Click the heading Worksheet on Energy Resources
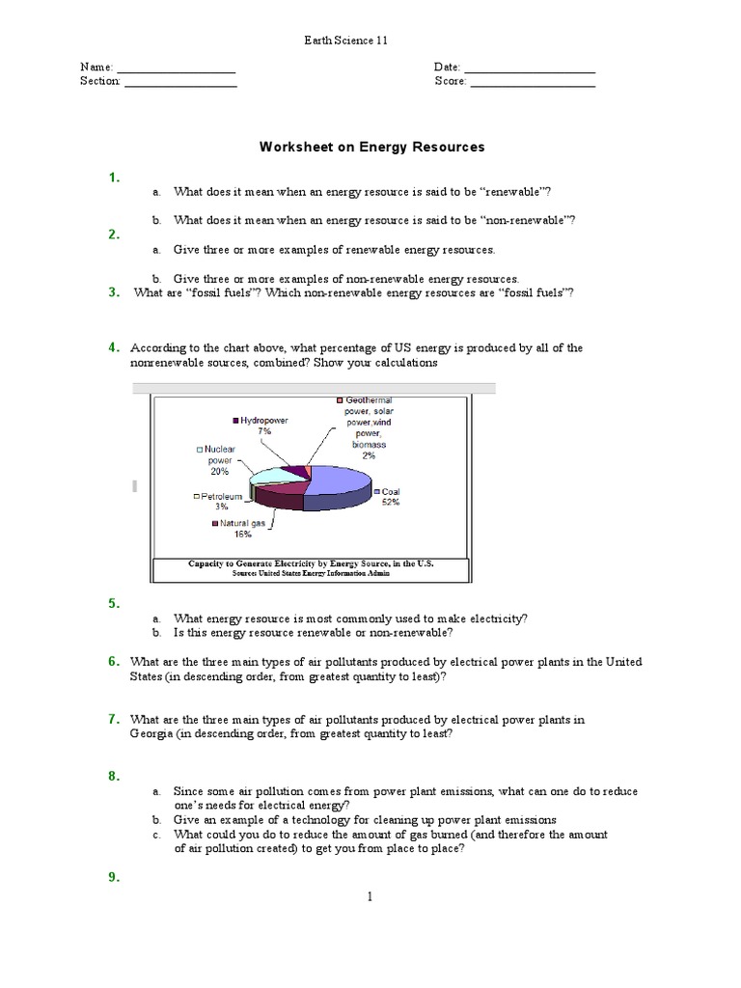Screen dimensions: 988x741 click(x=371, y=148)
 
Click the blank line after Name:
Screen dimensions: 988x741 click(x=176, y=69)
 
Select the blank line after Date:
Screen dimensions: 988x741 click(x=530, y=69)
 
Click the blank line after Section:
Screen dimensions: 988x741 click(x=180, y=83)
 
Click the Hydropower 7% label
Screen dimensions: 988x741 click(x=261, y=426)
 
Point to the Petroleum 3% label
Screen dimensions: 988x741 click(x=217, y=501)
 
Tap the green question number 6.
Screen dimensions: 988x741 click(x=113, y=661)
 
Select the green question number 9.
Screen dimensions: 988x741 click(x=113, y=876)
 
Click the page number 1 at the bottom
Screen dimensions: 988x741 click(x=369, y=896)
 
